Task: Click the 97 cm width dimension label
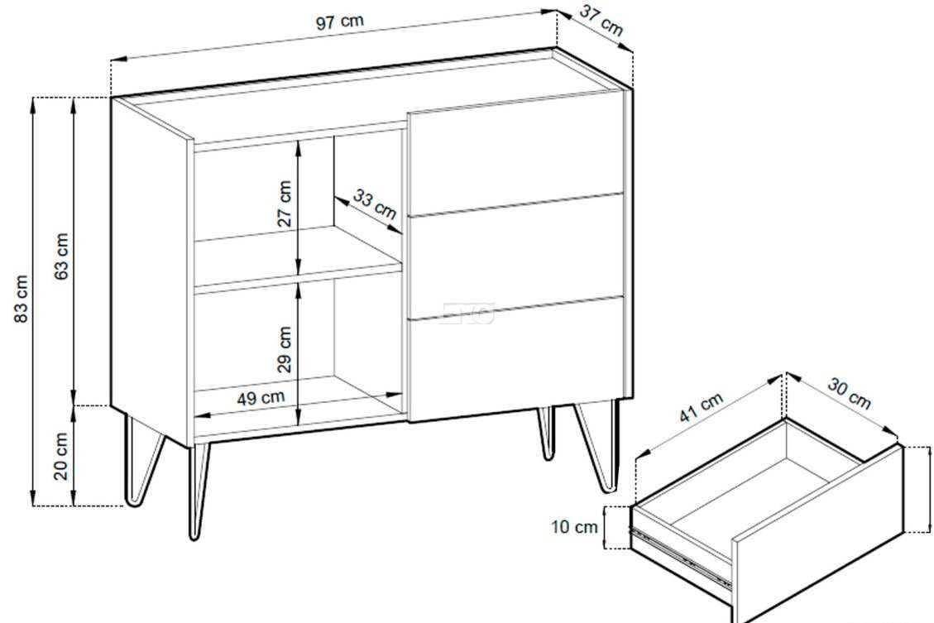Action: (x=339, y=22)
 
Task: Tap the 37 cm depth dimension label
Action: (x=601, y=21)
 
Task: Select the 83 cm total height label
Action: (x=21, y=299)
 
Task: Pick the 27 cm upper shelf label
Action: (x=285, y=204)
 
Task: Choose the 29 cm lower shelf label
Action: (x=285, y=349)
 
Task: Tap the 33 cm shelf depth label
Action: (x=375, y=203)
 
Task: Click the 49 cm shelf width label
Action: (x=261, y=397)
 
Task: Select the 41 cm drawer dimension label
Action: (x=702, y=407)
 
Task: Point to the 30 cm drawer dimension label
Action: (x=849, y=394)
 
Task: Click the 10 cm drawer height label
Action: (x=574, y=526)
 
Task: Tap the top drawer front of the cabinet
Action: (x=516, y=154)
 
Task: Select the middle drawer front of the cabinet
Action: (x=516, y=256)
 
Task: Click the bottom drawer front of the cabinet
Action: (x=516, y=359)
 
